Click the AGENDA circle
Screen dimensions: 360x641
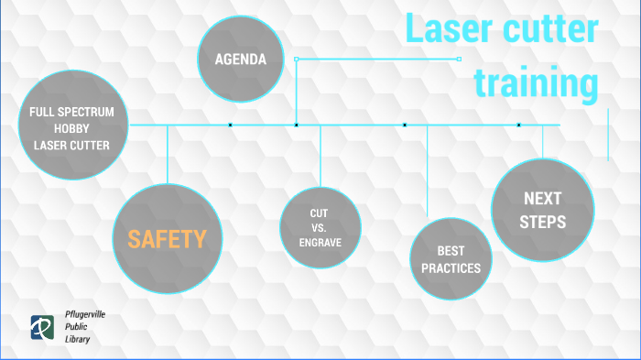pos(241,60)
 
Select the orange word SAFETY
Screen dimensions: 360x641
pos(168,240)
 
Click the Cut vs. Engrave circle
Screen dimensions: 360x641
pos(319,228)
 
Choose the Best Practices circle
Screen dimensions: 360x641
pos(451,257)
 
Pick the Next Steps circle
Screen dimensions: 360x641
pos(543,209)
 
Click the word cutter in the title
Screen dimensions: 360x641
pos(549,29)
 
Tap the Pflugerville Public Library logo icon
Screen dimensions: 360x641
pos(41,326)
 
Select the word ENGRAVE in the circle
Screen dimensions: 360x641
pos(319,243)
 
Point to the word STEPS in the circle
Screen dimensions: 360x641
pos(543,221)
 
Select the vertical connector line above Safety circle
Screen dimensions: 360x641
pos(168,154)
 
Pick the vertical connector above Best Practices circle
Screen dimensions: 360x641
pos(429,169)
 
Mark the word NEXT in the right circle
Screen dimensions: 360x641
pos(543,198)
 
